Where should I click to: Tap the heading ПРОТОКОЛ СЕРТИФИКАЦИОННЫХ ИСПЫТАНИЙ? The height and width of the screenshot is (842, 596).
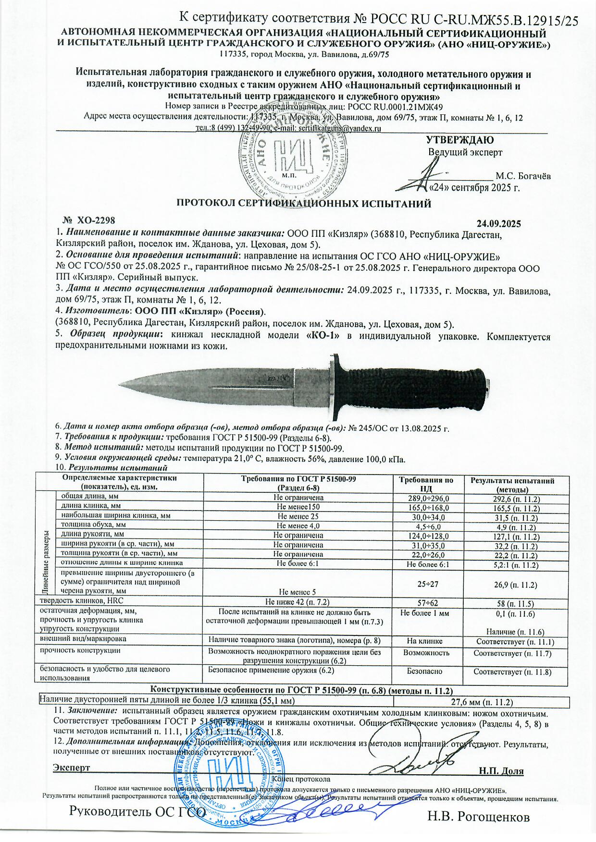[304, 203]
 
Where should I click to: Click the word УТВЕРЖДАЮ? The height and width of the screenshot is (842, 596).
[460, 140]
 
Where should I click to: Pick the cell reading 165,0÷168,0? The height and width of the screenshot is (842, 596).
[427, 507]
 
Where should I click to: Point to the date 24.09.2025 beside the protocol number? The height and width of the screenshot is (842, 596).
[499, 223]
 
